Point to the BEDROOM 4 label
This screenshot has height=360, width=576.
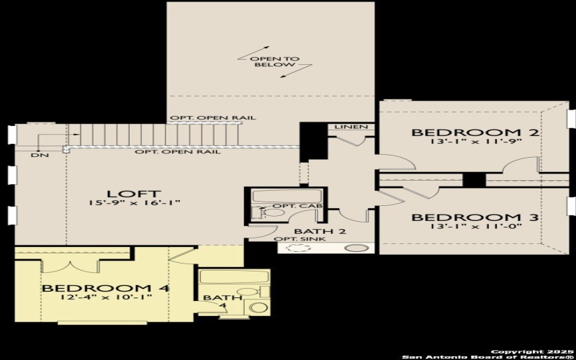point(105,289)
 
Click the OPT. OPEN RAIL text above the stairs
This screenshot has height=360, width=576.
point(212,118)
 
